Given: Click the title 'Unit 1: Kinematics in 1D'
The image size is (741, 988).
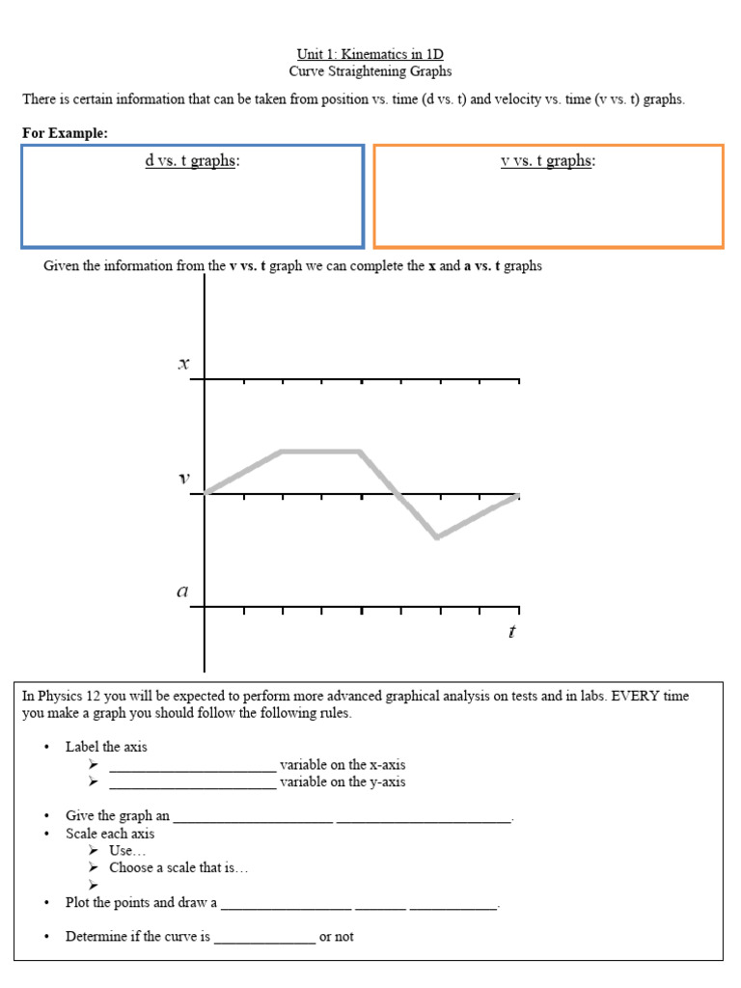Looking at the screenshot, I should tap(370, 54).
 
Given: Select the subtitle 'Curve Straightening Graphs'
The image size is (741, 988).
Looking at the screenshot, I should tap(370, 71).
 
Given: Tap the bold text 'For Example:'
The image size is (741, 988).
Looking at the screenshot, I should tap(65, 132).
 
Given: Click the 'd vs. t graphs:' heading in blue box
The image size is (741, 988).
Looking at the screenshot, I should tap(192, 161).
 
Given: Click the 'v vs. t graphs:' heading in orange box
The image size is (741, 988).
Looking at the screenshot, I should tap(548, 161).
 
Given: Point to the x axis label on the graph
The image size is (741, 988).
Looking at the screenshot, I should tap(183, 365).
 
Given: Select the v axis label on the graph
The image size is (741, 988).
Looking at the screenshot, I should tap(183, 479).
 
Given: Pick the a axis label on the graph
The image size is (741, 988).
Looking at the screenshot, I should tap(182, 592).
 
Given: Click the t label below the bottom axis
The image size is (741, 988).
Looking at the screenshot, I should tap(511, 632).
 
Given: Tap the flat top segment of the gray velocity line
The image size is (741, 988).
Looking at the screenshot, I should tap(320, 451).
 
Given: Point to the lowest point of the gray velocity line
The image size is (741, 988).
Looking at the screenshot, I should tap(437, 537).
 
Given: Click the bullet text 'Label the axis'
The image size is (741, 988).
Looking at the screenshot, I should tap(106, 747).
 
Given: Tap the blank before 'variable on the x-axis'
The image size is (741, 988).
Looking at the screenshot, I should tap(192, 766).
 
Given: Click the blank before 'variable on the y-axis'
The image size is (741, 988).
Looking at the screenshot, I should tap(192, 783).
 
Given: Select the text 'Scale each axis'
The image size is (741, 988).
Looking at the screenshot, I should tap(110, 834).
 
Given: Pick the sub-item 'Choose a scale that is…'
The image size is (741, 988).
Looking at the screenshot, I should tap(178, 868).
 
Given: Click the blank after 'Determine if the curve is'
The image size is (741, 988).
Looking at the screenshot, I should tap(264, 938).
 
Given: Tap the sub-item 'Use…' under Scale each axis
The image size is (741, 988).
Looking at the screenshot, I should tap(127, 851).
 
